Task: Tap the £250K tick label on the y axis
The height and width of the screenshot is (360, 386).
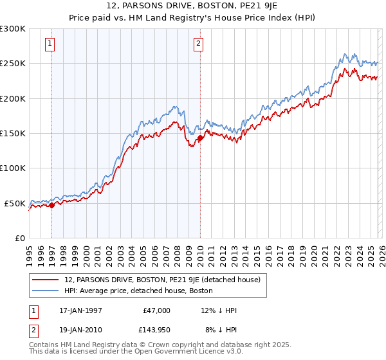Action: (x=13, y=64)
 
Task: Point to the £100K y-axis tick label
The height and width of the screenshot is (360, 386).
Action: (x=13, y=168)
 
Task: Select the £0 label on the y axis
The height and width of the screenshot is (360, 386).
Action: (x=20, y=238)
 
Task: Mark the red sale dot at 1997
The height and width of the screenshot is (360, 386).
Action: (x=52, y=205)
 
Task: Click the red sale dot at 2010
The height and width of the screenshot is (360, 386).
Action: (x=200, y=138)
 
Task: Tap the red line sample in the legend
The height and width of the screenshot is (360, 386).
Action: (x=46, y=280)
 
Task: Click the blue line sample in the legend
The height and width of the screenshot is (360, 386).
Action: (x=46, y=291)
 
